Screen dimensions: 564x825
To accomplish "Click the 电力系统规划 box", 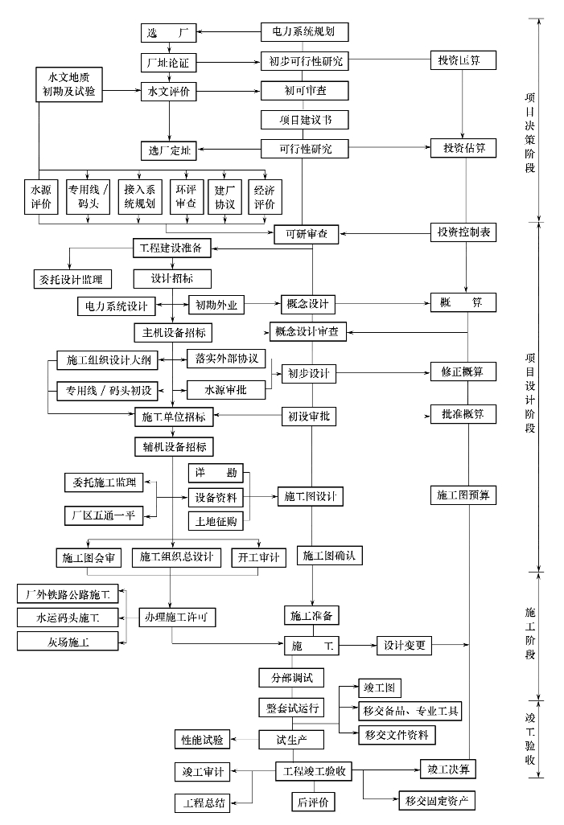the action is coord(303,32).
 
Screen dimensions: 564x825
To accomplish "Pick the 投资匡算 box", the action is coord(461,61).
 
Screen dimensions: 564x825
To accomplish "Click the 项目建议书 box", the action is coord(303,120).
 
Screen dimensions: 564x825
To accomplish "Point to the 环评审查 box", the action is coord(186,197).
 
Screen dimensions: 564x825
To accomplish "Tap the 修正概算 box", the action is coord(462,372).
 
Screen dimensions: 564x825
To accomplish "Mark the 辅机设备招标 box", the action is coord(173,445).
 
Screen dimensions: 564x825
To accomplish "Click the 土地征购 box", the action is coord(216,521).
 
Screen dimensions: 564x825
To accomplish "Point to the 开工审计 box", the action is coord(257,557).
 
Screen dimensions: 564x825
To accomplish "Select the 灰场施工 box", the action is coord(68,642).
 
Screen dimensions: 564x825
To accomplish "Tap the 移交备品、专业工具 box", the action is coord(410,711).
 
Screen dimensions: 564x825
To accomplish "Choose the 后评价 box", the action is coord(312,802).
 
